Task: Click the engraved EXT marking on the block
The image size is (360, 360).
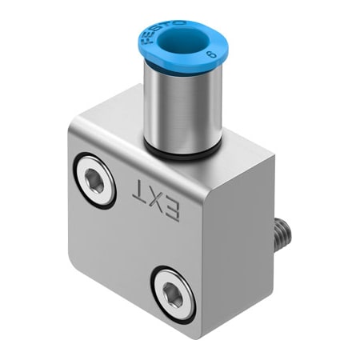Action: tap(157, 200)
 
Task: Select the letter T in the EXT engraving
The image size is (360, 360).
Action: tap(142, 193)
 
